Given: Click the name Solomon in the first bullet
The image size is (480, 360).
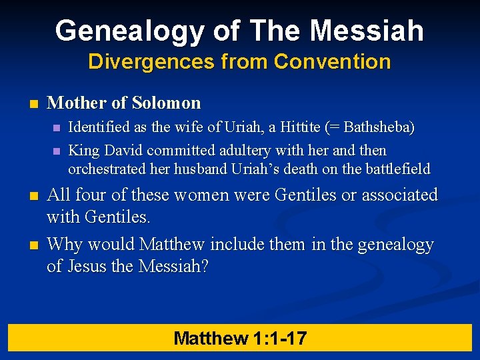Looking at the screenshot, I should pyautogui.click(x=166, y=103).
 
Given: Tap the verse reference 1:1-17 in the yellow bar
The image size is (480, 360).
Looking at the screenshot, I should pyautogui.click(x=279, y=338).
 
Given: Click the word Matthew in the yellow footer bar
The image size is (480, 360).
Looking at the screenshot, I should pyautogui.click(x=211, y=338).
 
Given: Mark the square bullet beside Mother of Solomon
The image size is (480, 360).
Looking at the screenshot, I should pyautogui.click(x=33, y=104).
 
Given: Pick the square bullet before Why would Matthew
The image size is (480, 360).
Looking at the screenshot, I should pyautogui.click(x=33, y=246).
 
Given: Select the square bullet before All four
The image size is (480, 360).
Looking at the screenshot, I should pyautogui.click(x=33, y=196).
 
